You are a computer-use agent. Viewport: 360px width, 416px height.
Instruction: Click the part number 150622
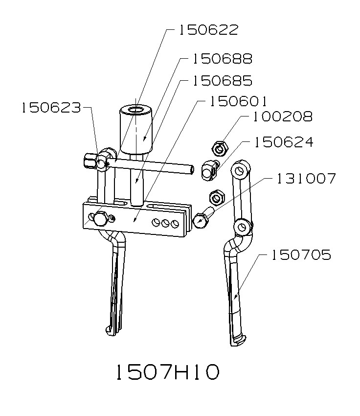pos(207,30)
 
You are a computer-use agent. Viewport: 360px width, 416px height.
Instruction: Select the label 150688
pos(222,59)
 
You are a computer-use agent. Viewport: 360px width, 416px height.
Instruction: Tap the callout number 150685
pos(222,80)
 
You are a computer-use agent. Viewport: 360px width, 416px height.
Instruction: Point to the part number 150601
pos(237,101)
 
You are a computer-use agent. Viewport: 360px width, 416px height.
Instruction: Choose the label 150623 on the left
pos(50,108)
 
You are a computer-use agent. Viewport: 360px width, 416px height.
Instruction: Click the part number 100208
pos(282,117)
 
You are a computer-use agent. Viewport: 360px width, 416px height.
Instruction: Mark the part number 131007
pos(306,179)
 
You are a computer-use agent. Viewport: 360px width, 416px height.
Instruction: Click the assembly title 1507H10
pos(166,372)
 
